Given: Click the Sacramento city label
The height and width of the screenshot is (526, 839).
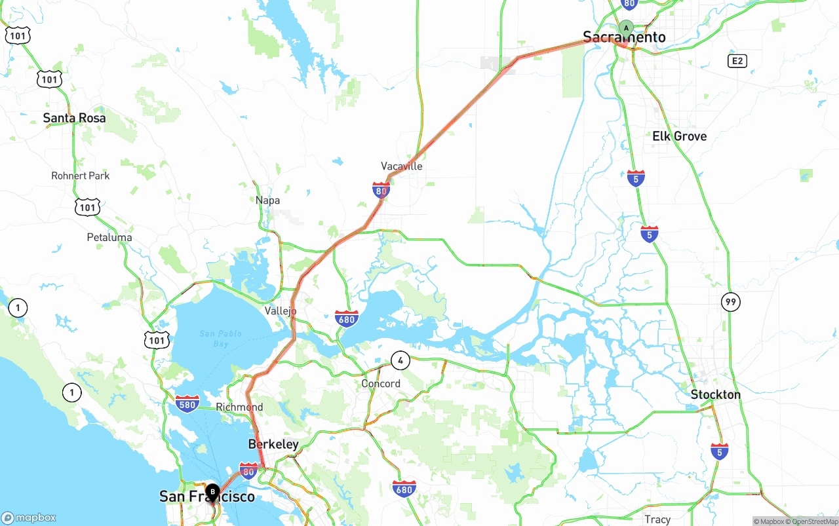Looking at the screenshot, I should tap(624, 37).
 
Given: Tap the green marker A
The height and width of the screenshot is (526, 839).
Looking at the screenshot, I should tap(626, 28).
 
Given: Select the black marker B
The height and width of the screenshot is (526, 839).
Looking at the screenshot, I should tap(212, 491).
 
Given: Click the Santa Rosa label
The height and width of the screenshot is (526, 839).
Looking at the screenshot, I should tap(74, 118).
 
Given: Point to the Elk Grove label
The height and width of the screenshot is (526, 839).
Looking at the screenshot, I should tap(679, 136).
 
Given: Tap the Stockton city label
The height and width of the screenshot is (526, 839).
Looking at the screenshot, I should tap(715, 394).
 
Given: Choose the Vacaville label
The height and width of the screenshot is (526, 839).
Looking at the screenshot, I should tap(402, 166).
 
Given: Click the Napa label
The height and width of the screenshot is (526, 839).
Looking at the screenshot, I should tap(267, 200).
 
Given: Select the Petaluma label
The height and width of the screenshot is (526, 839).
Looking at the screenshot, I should tap(109, 237).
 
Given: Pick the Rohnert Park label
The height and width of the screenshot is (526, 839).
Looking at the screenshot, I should tap(81, 176).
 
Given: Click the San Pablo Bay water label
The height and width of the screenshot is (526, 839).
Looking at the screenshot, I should tap(220, 339).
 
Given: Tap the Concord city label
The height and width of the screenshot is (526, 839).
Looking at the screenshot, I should tap(381, 384).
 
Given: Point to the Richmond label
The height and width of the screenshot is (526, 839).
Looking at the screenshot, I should tap(239, 407).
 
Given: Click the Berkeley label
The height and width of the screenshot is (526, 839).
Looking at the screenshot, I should tap(273, 444).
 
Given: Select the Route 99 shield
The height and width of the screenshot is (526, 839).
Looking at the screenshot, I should tap(731, 302).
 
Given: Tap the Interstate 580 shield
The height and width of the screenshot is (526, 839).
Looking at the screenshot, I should tap(187, 404).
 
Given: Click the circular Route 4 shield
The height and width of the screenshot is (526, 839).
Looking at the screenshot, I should tap(400, 360).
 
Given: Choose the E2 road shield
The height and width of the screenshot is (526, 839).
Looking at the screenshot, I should tap(737, 61).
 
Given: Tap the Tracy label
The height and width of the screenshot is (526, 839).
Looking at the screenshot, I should tap(657, 519).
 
